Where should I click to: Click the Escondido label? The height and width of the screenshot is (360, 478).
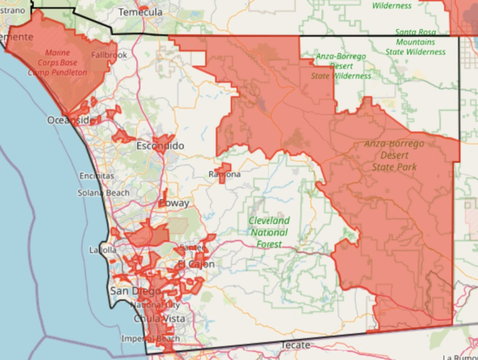coord(160,146)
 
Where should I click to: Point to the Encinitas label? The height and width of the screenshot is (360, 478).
coord(97,176)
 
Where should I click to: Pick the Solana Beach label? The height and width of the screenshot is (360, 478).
coord(103,193)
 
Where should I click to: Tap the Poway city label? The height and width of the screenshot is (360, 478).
coord(174,203)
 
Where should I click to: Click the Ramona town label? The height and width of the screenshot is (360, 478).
coord(225,174)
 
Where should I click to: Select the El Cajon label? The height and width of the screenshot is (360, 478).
coord(196,264)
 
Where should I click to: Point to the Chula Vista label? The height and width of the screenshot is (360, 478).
coord(159,319)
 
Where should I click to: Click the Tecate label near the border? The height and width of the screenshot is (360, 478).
coord(295,345)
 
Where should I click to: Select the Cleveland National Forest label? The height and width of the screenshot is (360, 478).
coord(269,232)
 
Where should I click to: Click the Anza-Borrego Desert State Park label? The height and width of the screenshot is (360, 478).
coord(394,155)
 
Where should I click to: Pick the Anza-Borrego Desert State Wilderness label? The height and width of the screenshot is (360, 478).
coord(341,66)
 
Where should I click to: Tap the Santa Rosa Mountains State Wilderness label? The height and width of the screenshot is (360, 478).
coord(415,42)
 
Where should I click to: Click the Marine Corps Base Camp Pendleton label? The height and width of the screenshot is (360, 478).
coord(58,63)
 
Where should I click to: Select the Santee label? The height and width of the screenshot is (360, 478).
coord(192,248)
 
